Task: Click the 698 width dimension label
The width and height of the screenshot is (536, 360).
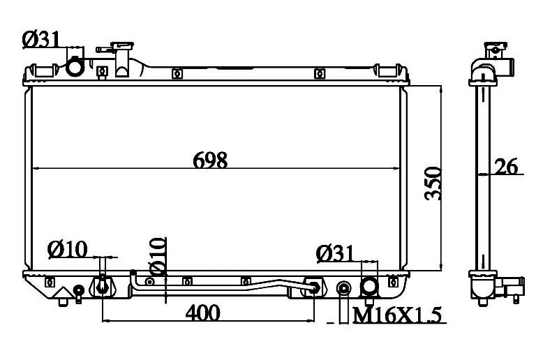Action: (x=210, y=160)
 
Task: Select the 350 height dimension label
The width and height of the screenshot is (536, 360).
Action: (x=433, y=183)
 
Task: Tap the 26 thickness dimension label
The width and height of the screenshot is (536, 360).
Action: (x=506, y=166)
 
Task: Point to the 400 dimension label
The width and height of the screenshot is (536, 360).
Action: (x=202, y=313)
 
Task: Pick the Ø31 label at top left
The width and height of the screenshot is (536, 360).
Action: (x=41, y=39)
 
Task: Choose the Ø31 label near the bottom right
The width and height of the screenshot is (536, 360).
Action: (x=335, y=253)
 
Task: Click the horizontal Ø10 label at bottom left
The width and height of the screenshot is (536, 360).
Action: (x=67, y=249)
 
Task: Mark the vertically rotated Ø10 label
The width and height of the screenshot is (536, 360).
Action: (x=158, y=256)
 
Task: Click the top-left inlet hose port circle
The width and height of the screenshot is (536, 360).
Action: (x=75, y=67)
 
